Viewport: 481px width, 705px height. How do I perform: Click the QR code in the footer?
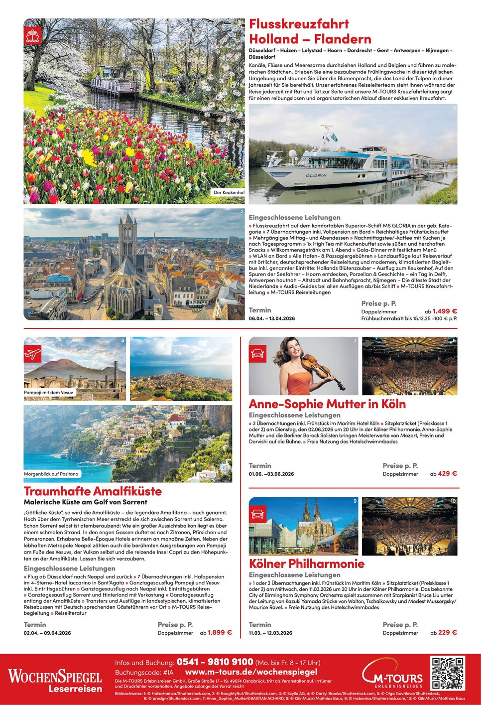click(x=448, y=674)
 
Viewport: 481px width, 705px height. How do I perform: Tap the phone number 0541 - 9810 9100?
click(x=215, y=662)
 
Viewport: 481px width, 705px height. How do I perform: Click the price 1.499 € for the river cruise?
click(x=445, y=311)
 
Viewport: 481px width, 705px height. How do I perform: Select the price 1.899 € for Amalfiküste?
click(x=220, y=632)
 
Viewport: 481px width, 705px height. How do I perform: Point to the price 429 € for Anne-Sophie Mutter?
click(x=447, y=473)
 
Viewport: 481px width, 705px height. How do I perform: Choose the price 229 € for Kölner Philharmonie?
click(x=447, y=632)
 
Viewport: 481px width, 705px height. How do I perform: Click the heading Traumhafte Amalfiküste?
click(x=93, y=491)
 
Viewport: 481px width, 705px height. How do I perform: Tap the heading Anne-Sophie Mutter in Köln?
click(x=327, y=404)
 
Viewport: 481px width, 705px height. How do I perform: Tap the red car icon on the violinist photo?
click(x=257, y=354)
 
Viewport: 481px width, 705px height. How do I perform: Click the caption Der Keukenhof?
click(x=229, y=192)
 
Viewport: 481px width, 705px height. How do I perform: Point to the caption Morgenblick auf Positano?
click(x=51, y=474)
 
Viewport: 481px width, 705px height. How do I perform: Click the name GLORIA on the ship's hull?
click(x=316, y=175)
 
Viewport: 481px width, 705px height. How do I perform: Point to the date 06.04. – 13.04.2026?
click(x=272, y=318)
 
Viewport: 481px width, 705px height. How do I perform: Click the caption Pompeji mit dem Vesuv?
click(x=49, y=393)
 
